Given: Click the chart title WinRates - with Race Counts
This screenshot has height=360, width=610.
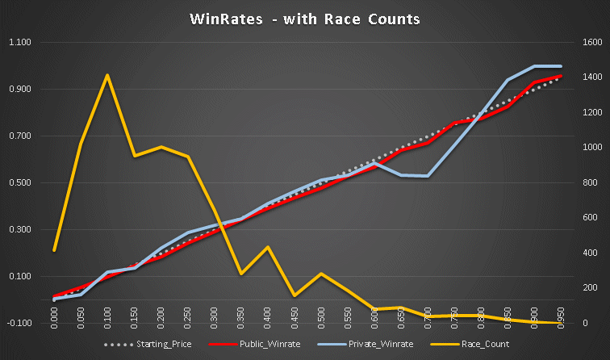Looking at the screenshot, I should point(305,19).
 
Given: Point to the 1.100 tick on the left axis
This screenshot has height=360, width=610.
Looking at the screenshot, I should point(19,43).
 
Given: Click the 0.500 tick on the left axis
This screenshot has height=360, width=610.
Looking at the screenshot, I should point(19,183).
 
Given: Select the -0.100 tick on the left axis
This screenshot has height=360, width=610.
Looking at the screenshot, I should point(19,324).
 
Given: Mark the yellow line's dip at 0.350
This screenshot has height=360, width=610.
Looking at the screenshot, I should point(240,274).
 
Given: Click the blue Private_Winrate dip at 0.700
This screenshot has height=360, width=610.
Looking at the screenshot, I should point(427,176).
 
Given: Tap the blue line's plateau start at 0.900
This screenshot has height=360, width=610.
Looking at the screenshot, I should point(533,66).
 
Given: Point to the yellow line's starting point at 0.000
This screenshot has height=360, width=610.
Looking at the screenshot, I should point(54,250).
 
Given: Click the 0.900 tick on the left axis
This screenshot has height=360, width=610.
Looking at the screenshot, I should point(19,90).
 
